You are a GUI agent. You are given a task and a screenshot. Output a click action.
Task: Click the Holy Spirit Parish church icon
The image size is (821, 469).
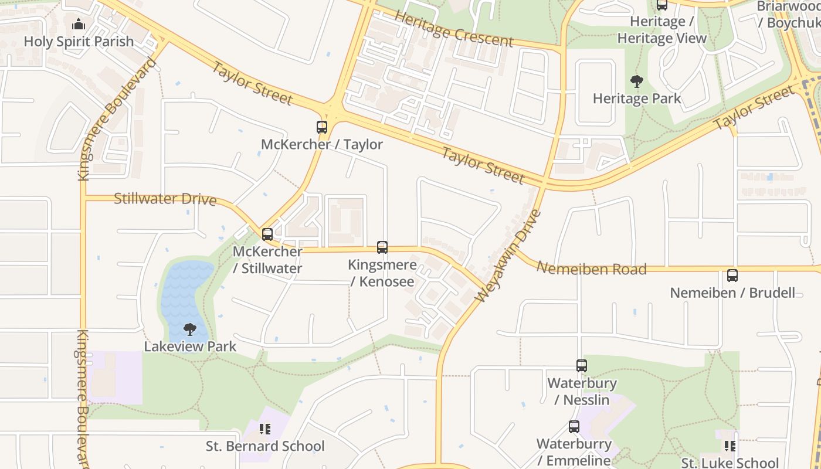tap(78, 25)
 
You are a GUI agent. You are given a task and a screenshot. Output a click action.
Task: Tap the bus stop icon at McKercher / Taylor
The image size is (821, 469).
tap(321, 127)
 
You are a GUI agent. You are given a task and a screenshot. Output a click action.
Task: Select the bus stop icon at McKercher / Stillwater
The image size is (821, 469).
tap(267, 235)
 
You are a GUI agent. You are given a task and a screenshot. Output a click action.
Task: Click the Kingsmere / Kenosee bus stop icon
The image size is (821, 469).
tap(382, 247)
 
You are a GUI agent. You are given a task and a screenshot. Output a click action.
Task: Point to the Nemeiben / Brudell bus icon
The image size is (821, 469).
tap(732, 276)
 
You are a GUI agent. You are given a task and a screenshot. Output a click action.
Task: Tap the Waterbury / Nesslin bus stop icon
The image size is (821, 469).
tap(582, 366)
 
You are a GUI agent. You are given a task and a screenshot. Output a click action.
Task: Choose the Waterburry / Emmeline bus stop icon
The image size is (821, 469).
tap(574, 427)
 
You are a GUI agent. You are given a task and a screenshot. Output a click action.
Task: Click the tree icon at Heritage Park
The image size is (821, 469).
tap(636, 81)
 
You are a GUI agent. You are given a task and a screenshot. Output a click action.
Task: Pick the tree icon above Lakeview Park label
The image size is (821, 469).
tap(189, 329)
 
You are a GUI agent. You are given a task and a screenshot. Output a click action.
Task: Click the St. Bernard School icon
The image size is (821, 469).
tap(264, 430)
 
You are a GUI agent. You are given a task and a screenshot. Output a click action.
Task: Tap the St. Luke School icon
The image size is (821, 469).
tap(730, 447)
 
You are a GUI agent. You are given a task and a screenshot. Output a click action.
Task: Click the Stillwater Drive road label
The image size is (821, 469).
tap(165, 199)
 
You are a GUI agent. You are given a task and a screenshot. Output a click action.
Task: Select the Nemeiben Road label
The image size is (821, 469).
tap(591, 269)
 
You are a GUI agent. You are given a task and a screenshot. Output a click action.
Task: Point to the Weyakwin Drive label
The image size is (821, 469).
tap(508, 256)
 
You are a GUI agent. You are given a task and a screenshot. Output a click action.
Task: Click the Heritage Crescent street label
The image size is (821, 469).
tap(453, 29)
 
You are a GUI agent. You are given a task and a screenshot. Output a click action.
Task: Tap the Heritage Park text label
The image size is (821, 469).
tap(637, 98)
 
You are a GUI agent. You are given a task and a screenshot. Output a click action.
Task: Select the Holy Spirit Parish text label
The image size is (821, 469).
tap(79, 42)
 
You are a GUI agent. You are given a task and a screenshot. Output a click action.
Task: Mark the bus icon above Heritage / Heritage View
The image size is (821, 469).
tap(662, 5)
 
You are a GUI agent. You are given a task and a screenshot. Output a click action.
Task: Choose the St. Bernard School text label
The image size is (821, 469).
tap(265, 446)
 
